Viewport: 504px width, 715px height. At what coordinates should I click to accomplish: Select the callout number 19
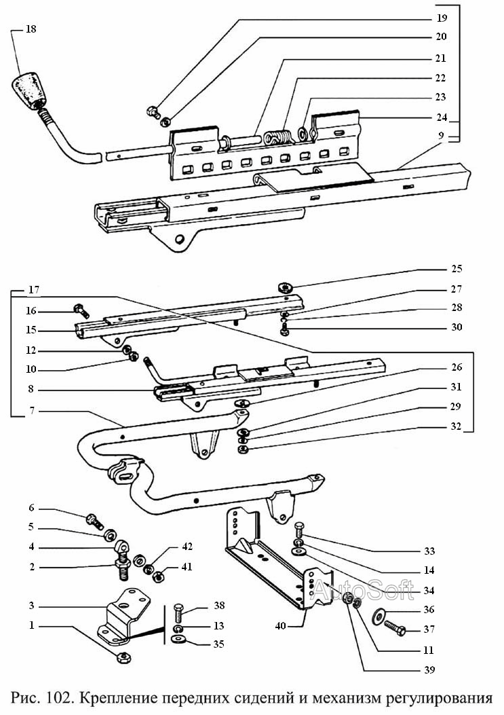(442, 18)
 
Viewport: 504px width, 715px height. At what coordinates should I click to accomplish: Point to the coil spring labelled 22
(277, 137)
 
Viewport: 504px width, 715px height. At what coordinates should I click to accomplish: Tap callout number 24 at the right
(442, 117)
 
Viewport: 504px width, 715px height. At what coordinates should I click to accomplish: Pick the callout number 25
(457, 269)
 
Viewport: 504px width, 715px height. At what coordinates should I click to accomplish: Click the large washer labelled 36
(378, 617)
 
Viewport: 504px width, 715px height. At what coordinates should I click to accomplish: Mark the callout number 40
(280, 625)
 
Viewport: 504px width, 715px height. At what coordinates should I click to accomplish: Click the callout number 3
(31, 606)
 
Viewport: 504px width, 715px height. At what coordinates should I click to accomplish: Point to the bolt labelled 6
(94, 521)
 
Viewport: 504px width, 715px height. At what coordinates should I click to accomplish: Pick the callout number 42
(187, 547)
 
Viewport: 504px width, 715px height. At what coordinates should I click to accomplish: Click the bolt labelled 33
(299, 530)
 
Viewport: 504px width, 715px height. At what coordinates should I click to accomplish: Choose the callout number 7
(31, 410)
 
